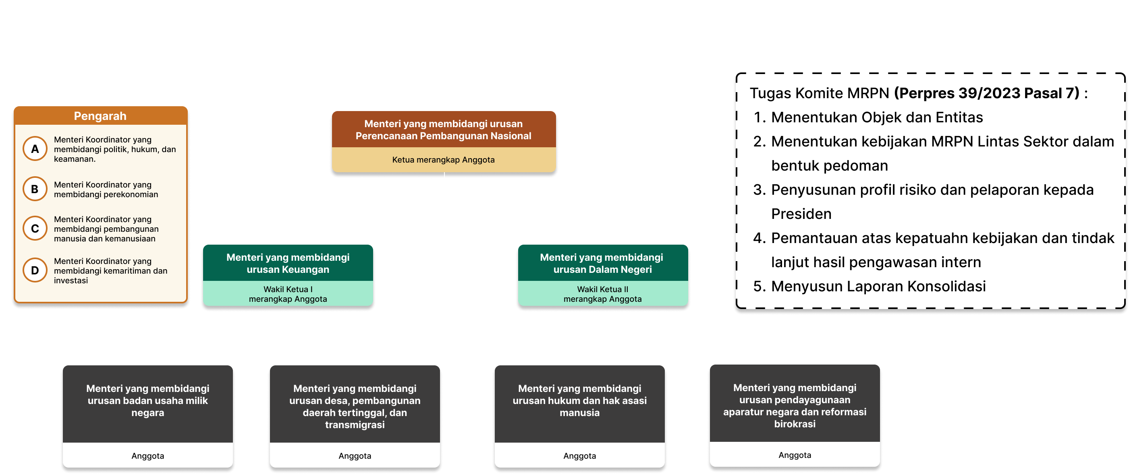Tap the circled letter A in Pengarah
tap(35, 149)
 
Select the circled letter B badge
tap(35, 189)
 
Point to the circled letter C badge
tap(35, 229)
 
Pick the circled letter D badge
tap(35, 270)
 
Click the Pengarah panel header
tap(100, 116)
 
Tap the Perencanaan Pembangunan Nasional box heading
tap(443, 130)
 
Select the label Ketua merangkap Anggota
tap(443, 160)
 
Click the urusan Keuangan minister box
tap(288, 263)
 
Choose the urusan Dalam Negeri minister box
tap(602, 263)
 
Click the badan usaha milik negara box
tap(148, 400)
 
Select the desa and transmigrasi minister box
tap(355, 406)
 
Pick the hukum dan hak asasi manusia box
tap(579, 400)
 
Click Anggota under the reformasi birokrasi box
tap(795, 455)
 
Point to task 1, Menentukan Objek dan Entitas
tap(876, 117)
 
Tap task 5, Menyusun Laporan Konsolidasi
tap(878, 286)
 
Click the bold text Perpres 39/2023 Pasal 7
tap(986, 93)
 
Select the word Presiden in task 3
tap(801, 214)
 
